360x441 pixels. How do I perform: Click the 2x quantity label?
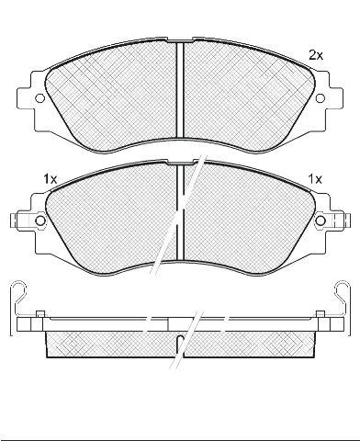tap(316, 55)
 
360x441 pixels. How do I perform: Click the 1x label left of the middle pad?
tap(51, 178)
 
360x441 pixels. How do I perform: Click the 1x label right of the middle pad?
tap(315, 179)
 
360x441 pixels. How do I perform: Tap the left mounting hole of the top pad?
tap(39, 98)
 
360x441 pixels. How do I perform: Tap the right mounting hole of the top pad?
tap(321, 98)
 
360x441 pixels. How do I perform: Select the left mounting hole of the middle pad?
tap(40, 220)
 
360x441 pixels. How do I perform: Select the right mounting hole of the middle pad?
tap(321, 220)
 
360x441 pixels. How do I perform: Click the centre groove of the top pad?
tap(180, 89)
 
